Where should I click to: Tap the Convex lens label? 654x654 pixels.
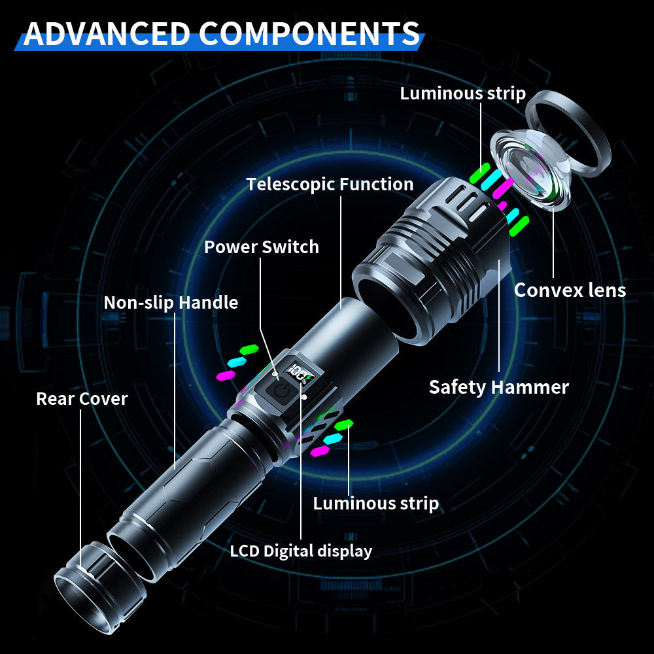click(570, 290)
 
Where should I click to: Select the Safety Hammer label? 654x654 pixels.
click(498, 387)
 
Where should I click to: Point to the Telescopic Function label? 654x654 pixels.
click(330, 184)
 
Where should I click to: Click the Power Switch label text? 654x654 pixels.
click(261, 247)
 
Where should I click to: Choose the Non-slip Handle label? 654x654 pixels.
click(171, 303)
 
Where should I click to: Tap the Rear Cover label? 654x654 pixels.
click(82, 398)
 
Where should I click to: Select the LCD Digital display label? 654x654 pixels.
click(301, 551)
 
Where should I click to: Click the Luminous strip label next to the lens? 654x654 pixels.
click(462, 94)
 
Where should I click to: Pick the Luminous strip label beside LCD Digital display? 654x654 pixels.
click(375, 503)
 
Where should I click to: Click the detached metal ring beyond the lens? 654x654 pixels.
click(569, 134)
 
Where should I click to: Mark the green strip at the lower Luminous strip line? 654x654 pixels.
click(344, 425)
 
